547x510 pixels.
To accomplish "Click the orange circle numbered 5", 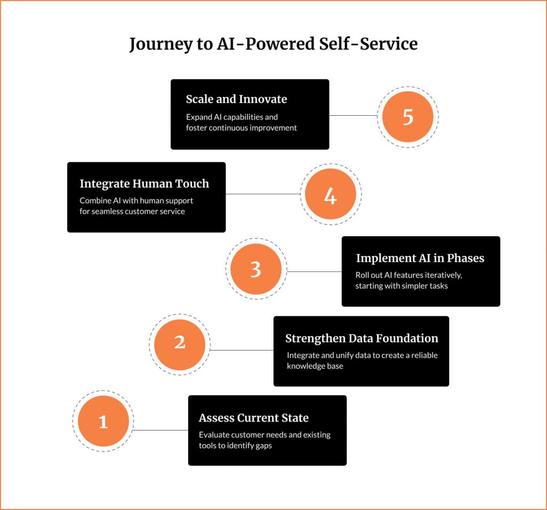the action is pyautogui.click(x=408, y=117).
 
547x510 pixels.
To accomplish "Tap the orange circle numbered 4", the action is pyautogui.click(x=330, y=194).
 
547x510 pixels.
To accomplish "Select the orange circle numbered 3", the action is pyautogui.click(x=256, y=269).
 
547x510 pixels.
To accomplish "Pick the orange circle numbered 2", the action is pyautogui.click(x=179, y=345).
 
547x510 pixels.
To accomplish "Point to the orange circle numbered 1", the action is pyautogui.click(x=103, y=421).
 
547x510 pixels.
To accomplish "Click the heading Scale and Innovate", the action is pyautogui.click(x=237, y=99).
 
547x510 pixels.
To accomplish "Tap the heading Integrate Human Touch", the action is pyautogui.click(x=144, y=184).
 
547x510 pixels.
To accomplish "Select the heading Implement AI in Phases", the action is pyautogui.click(x=420, y=258).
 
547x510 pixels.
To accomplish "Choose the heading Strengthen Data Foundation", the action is pyautogui.click(x=362, y=338).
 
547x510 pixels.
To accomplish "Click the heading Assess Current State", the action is pyautogui.click(x=254, y=418).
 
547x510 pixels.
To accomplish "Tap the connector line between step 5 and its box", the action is pyautogui.click(x=354, y=115).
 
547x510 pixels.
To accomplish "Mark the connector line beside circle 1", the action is pyautogui.click(x=160, y=430).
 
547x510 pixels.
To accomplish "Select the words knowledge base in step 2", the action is pyautogui.click(x=315, y=366).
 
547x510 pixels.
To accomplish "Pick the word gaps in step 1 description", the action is pyautogui.click(x=263, y=446).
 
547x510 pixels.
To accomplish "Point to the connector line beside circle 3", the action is pyautogui.click(x=314, y=272).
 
